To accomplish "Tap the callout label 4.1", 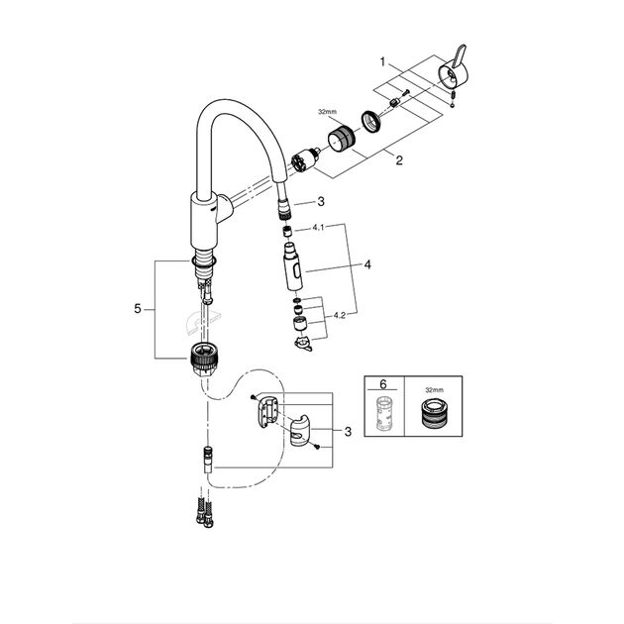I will (x=319, y=228).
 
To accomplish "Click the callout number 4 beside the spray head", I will (x=366, y=265).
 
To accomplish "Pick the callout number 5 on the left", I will (x=138, y=309).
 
